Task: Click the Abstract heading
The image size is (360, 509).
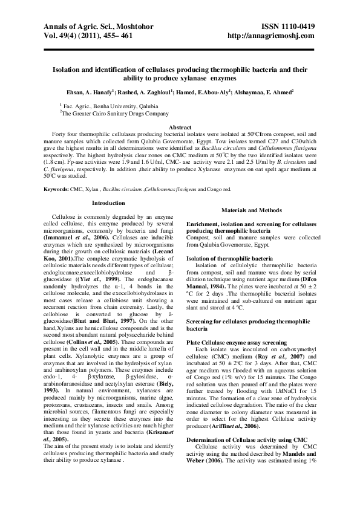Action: point(180,128)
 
